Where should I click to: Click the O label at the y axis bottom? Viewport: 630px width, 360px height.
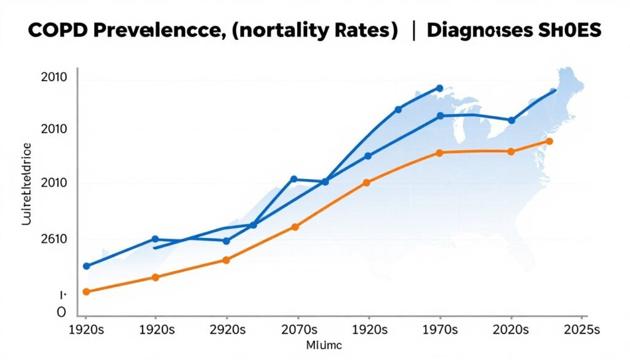click(x=61, y=312)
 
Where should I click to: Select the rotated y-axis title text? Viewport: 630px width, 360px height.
click(x=26, y=183)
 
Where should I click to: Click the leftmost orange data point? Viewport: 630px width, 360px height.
click(x=86, y=292)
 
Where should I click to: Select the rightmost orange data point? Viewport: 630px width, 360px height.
click(x=549, y=142)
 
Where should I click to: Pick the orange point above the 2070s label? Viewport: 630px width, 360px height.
click(x=295, y=227)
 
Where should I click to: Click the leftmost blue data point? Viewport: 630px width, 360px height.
click(x=86, y=266)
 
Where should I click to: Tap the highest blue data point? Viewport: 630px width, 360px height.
click(x=439, y=88)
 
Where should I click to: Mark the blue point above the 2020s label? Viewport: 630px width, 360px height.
click(x=511, y=121)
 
